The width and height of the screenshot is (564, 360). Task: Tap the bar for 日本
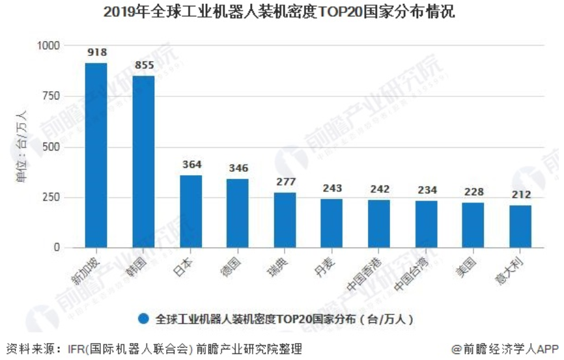191,211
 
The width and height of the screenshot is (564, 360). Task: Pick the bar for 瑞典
285,220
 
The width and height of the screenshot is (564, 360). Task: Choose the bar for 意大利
520,227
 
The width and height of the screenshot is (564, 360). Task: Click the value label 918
96,53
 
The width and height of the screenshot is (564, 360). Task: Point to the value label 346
238,169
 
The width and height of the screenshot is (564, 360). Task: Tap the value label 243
332,189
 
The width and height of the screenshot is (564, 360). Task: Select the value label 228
473,192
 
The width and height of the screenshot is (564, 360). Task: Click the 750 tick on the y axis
51,96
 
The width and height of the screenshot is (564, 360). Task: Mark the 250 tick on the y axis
51,197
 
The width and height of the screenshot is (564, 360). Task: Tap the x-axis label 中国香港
376,274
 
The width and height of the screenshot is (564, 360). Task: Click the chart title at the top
281,12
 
